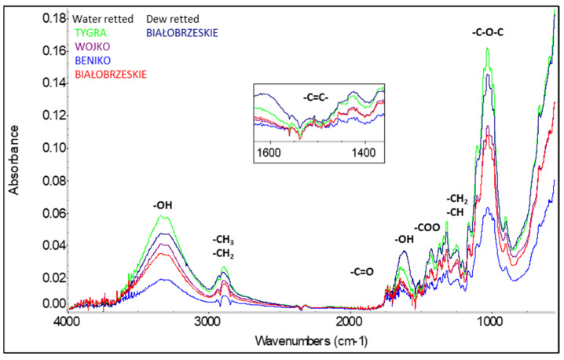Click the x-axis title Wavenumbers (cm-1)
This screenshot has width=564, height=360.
coord(309,342)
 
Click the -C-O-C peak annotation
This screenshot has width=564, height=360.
coord(489,34)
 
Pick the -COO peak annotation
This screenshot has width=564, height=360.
coord(427,227)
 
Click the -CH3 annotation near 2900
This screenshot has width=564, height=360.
coord(224,239)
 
